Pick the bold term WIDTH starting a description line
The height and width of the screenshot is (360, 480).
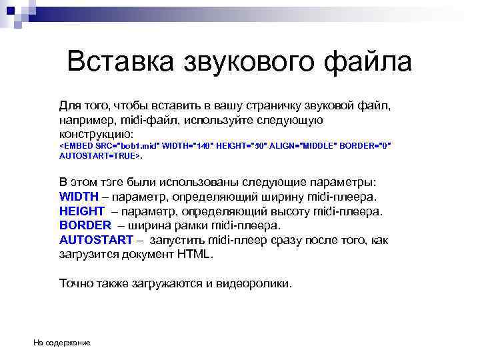tap(79, 197)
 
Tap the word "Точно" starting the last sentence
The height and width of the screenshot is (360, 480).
tap(76, 283)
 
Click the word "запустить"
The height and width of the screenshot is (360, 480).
tap(177, 240)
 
